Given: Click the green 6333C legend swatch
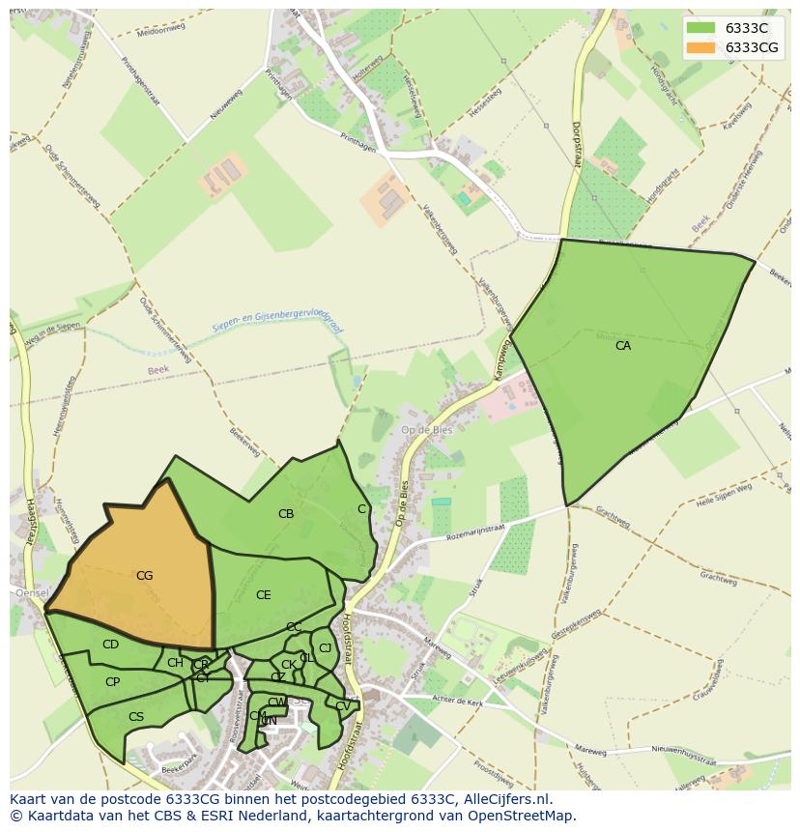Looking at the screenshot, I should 700,28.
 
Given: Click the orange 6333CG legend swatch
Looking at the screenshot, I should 700,47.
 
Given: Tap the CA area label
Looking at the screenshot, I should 623,345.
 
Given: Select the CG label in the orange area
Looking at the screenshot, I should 144,576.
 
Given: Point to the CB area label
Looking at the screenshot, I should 286,514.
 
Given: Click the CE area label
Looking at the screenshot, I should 263,595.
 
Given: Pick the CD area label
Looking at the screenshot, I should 110,645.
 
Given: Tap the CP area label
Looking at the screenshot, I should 112,682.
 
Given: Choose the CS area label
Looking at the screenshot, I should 136,717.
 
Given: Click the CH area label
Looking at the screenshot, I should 175,663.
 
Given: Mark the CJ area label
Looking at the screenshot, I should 325,648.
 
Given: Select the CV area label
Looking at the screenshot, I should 343,706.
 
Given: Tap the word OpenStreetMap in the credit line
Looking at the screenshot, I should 525,816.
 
